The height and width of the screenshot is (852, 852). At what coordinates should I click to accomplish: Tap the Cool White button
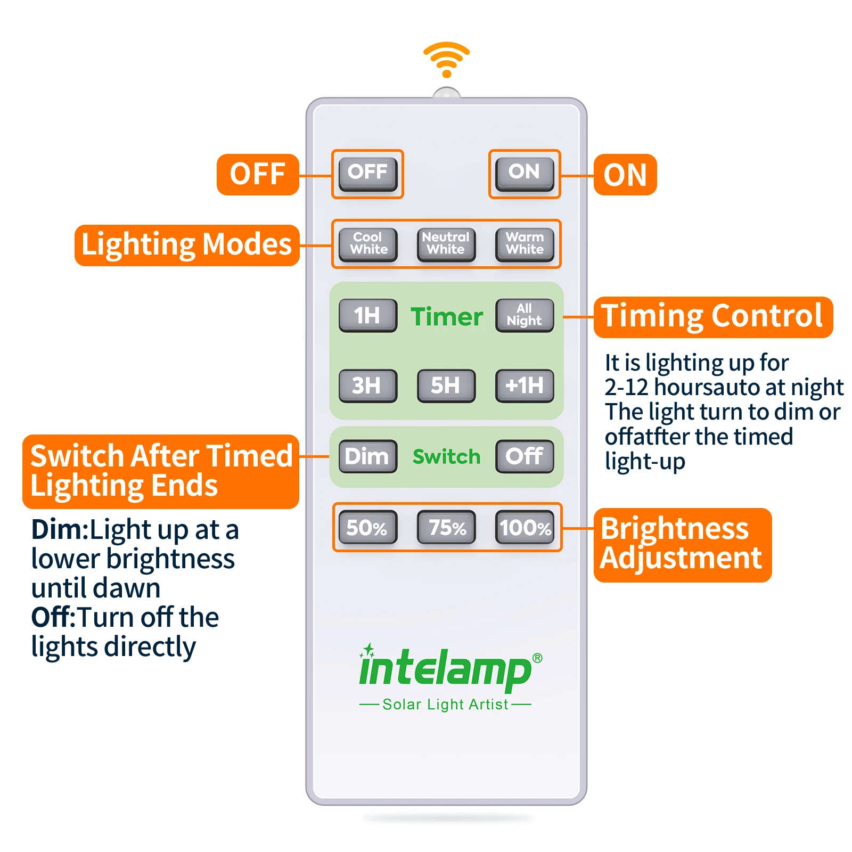coord(368,244)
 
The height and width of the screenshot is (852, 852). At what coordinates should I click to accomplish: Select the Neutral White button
coord(446,244)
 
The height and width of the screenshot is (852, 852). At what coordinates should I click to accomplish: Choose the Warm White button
coord(525,244)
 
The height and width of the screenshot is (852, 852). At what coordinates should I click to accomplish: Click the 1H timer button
coord(368,315)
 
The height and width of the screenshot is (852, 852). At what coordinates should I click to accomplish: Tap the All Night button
coord(525,315)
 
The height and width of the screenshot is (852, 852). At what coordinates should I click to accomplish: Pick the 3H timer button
coord(368,386)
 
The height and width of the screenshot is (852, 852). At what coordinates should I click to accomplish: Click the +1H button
coord(525,386)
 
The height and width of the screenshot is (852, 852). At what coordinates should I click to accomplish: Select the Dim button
coord(368,456)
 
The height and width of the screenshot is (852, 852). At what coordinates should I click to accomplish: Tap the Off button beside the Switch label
coord(525,456)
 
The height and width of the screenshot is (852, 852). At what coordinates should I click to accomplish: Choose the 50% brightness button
coord(368,527)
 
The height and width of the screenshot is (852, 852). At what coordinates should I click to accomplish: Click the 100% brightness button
coord(525,527)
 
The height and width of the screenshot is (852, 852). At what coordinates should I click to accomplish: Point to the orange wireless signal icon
coord(446,59)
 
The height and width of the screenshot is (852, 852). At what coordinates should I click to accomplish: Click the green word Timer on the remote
coord(446,317)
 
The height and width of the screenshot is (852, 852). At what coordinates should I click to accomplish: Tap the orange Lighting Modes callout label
coord(186,245)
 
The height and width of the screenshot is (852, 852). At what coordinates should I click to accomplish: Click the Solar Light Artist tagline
coord(445,704)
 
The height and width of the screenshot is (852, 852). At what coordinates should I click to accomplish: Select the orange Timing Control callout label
coord(712,317)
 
